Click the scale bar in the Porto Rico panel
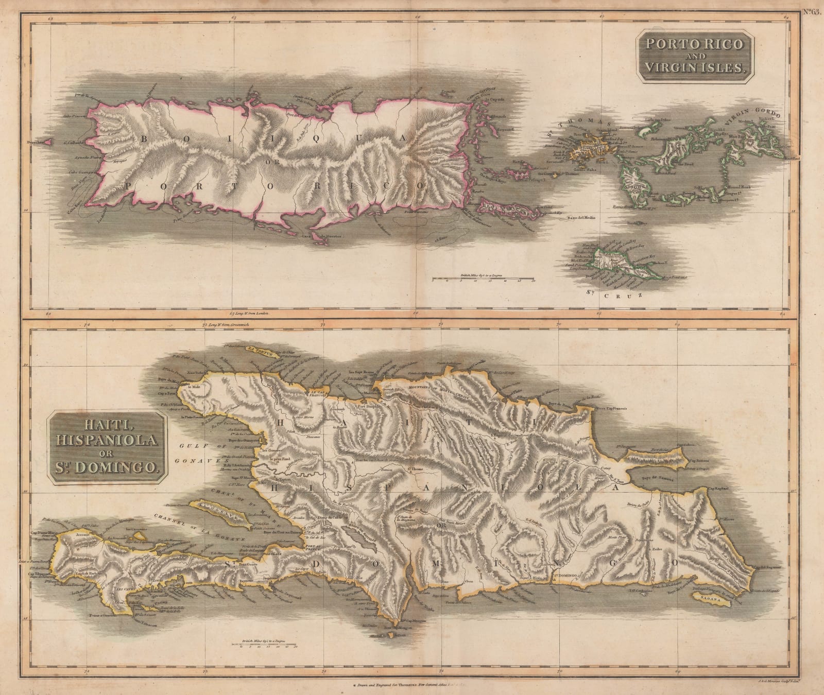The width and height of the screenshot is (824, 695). point(483,280)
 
